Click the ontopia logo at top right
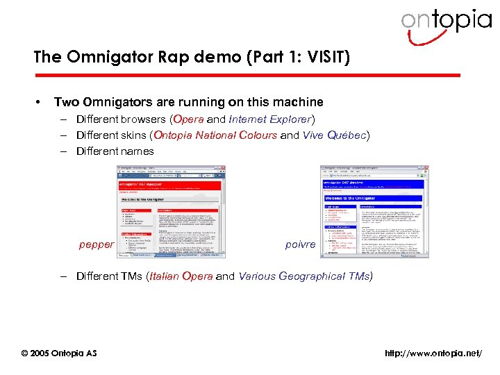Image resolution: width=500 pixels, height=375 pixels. click(446, 22)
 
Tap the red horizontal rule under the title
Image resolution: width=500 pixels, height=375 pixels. click(247, 75)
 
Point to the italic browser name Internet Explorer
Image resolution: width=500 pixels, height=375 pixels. click(271, 119)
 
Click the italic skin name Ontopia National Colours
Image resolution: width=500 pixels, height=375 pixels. click(215, 135)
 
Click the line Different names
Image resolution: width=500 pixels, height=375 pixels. click(115, 151)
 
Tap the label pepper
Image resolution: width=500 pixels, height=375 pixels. click(97, 244)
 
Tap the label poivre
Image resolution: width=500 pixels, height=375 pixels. click(300, 244)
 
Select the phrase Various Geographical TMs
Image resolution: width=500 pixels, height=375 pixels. click(303, 276)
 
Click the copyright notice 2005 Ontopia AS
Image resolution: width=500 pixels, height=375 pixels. click(59, 353)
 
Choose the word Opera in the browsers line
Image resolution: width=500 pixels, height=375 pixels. click(189, 119)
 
